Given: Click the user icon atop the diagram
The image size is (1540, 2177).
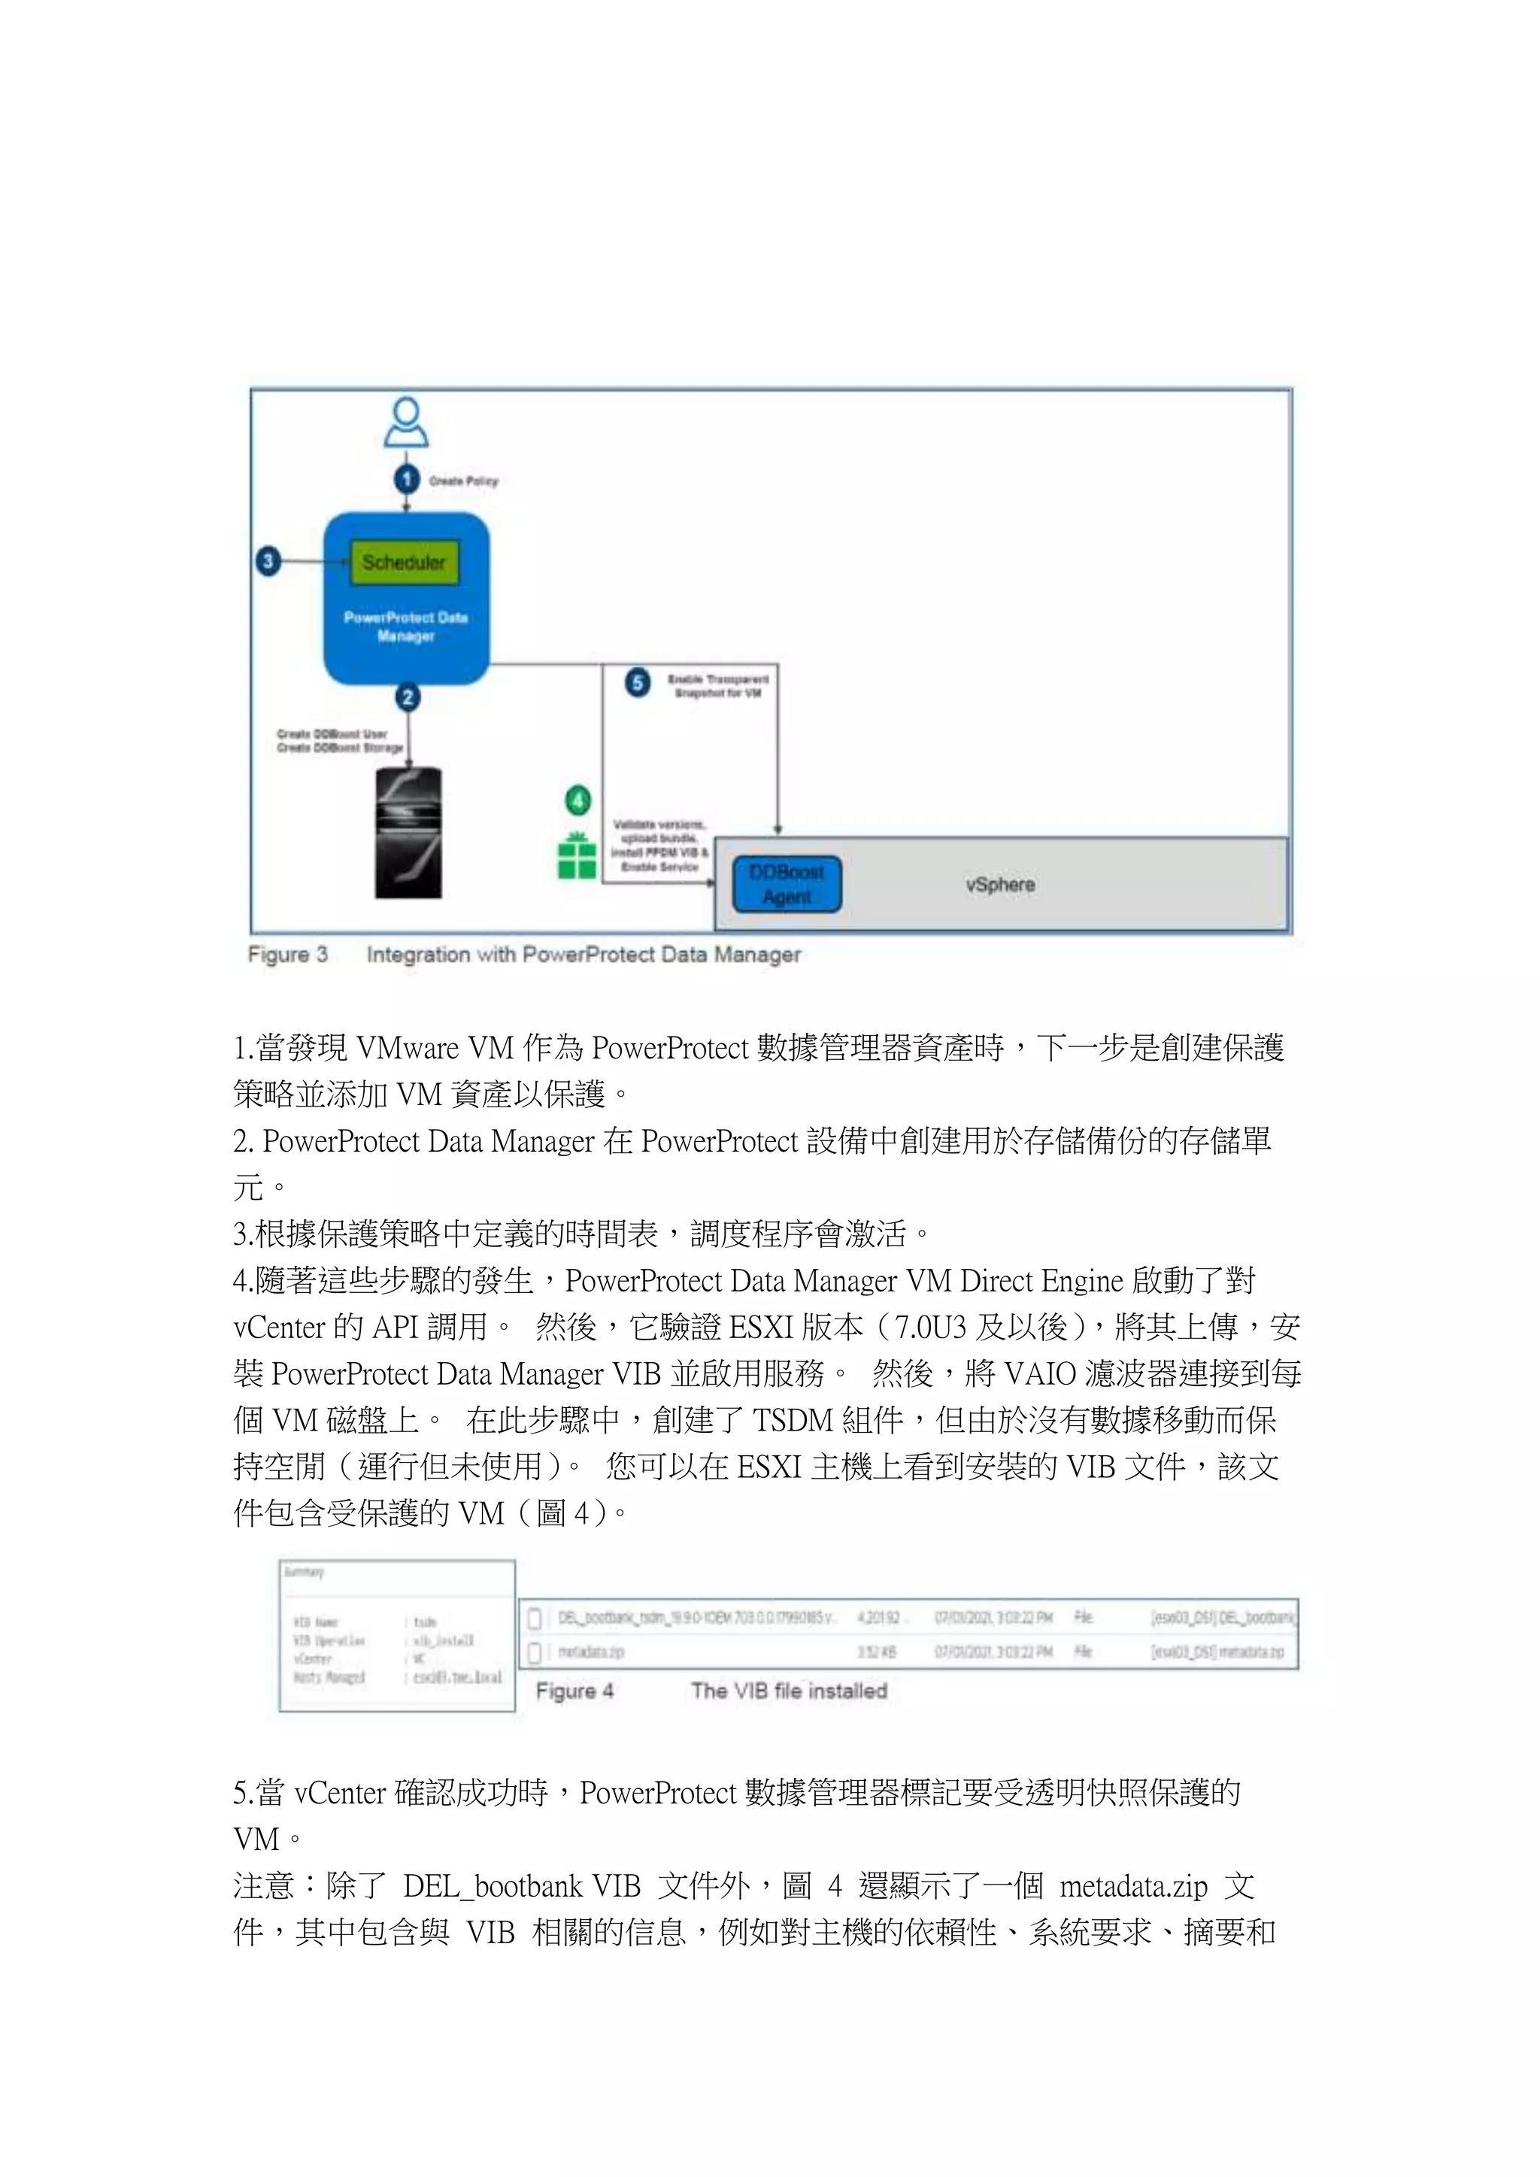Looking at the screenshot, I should pos(406,423).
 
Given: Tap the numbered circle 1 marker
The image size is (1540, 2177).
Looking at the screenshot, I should pos(407,479).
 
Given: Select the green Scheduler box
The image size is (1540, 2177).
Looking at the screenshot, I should pos(404,562).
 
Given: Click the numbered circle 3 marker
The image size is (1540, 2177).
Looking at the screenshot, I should pos(268,562).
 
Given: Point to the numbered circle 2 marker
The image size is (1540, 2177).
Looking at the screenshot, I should pos(408,698).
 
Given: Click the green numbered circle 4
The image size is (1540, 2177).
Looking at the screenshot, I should pos(577,801).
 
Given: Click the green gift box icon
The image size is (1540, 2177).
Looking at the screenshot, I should pos(577,856).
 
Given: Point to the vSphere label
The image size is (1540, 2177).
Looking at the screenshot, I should pos(1000,885).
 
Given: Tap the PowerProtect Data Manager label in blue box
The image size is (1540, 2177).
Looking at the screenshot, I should pos(406,627).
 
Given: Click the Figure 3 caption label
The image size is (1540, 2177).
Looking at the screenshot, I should pos(287,955).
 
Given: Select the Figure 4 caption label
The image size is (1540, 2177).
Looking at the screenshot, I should pos(574,1691).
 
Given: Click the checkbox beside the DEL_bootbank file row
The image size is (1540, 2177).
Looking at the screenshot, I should pos(535,1618).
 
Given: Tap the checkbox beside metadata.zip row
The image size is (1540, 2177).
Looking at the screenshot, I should pos(535,1652).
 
